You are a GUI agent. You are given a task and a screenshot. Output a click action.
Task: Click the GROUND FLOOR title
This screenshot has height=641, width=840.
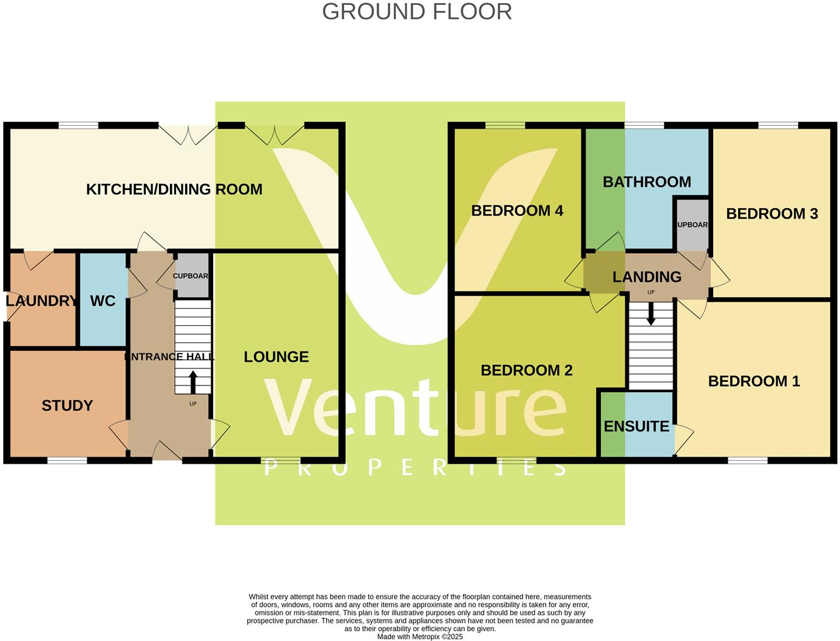pyautogui.click(x=417, y=12)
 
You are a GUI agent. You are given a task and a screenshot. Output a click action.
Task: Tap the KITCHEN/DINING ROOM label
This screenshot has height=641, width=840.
pyautogui.click(x=174, y=189)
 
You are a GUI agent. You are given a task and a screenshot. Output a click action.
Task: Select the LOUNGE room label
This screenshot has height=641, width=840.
pyautogui.click(x=276, y=357)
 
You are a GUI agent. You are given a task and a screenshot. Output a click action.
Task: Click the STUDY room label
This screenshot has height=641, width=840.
pyautogui.click(x=67, y=405)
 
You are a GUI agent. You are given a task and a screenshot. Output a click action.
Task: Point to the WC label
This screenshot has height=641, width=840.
pyautogui.click(x=103, y=301)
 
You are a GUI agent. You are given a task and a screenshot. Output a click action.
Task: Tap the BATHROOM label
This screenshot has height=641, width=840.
pyautogui.click(x=646, y=182)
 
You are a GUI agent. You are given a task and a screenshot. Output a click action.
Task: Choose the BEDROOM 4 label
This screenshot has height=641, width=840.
pyautogui.click(x=517, y=211)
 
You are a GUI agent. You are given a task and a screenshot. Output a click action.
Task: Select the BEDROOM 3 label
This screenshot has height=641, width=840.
pyautogui.click(x=772, y=214)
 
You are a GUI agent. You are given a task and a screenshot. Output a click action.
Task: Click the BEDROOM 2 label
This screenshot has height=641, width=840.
pyautogui.click(x=526, y=370)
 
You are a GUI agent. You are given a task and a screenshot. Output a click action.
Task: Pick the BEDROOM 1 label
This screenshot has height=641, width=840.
pyautogui.click(x=754, y=381)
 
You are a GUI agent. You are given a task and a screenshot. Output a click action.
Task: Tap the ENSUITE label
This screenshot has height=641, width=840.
pyautogui.click(x=636, y=427)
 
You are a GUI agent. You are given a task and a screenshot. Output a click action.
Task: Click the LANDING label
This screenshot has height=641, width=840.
pyautogui.click(x=646, y=277)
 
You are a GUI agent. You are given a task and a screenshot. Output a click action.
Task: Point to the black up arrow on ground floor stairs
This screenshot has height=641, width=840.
pyautogui.click(x=193, y=382)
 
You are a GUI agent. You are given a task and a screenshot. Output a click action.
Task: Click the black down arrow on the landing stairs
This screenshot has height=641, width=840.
pyautogui.click(x=651, y=314)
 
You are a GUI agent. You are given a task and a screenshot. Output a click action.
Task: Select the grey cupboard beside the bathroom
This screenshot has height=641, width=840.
pyautogui.click(x=692, y=225)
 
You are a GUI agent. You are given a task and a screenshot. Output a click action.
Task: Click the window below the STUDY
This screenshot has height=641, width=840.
pyautogui.click(x=67, y=461)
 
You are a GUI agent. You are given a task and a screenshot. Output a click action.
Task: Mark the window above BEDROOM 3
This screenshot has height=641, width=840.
pyautogui.click(x=777, y=126)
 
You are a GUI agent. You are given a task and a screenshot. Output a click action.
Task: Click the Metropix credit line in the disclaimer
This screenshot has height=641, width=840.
pyautogui.click(x=420, y=637)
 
